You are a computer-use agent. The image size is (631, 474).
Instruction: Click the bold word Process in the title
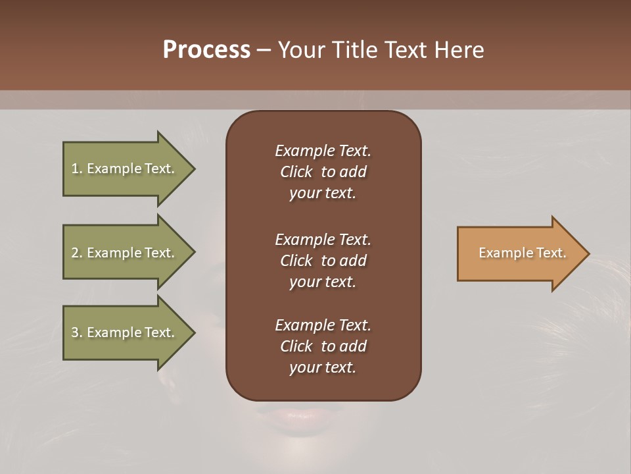(206, 50)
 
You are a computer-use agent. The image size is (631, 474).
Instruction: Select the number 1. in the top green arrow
(77, 169)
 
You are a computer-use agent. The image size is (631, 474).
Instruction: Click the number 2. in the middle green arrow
(77, 253)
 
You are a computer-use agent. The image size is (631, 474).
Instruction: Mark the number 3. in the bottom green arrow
(77, 332)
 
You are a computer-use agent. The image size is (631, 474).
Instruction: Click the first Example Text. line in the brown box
(323, 151)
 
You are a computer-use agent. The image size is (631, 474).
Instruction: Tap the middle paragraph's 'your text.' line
(323, 282)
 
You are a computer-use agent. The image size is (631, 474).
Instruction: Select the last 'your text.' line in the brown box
(323, 367)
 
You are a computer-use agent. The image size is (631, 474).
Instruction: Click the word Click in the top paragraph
(296, 172)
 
